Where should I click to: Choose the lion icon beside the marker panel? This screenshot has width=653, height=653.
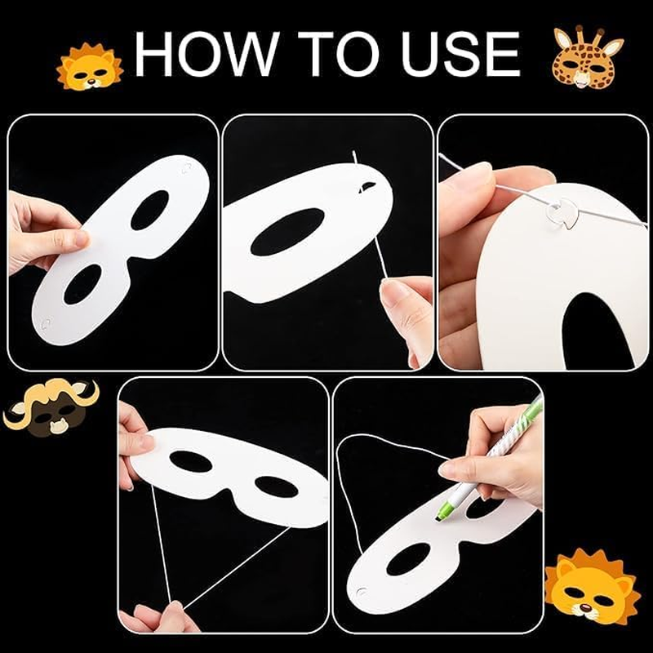[593, 586]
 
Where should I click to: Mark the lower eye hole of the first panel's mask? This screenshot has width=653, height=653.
[83, 283]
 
